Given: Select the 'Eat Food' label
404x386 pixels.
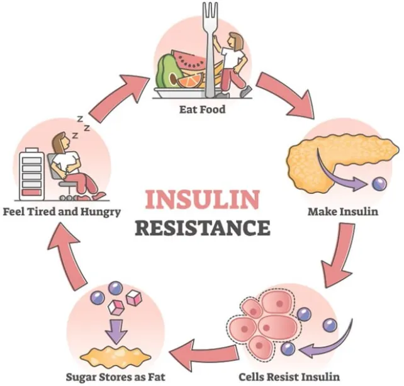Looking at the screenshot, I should (x=201, y=109).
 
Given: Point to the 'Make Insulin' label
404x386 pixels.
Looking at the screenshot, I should (x=342, y=212).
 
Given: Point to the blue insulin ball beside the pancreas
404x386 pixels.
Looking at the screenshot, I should (x=379, y=184).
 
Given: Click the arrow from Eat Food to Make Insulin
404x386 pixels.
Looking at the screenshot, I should (x=286, y=94).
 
